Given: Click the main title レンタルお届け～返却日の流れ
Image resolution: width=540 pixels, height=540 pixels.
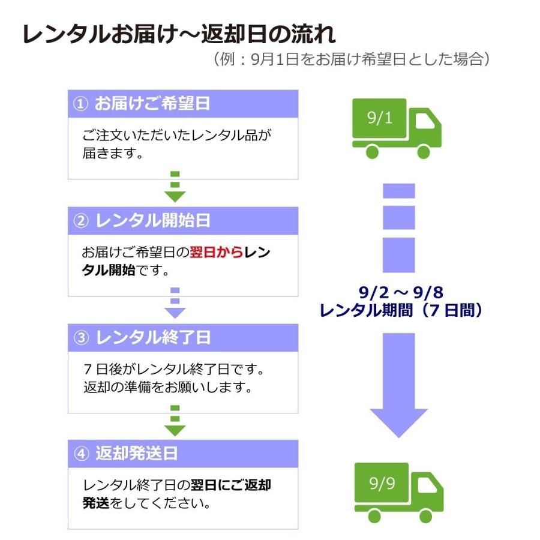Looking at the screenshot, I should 179,35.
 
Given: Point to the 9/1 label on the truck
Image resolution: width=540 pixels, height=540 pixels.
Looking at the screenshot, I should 379,117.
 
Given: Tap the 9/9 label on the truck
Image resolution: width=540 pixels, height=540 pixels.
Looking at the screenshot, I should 382,482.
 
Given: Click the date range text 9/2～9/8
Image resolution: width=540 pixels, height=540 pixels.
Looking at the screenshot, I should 401,293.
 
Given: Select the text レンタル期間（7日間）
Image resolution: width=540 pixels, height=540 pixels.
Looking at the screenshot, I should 401,311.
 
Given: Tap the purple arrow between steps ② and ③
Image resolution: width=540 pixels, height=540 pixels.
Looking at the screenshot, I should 175,305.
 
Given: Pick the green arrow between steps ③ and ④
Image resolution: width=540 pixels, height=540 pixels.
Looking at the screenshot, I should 175,422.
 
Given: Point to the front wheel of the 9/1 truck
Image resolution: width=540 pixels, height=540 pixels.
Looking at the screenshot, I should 424,152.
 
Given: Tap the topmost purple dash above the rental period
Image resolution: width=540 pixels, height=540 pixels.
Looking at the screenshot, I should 399,191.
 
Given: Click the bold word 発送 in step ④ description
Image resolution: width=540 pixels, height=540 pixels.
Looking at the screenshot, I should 96,503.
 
